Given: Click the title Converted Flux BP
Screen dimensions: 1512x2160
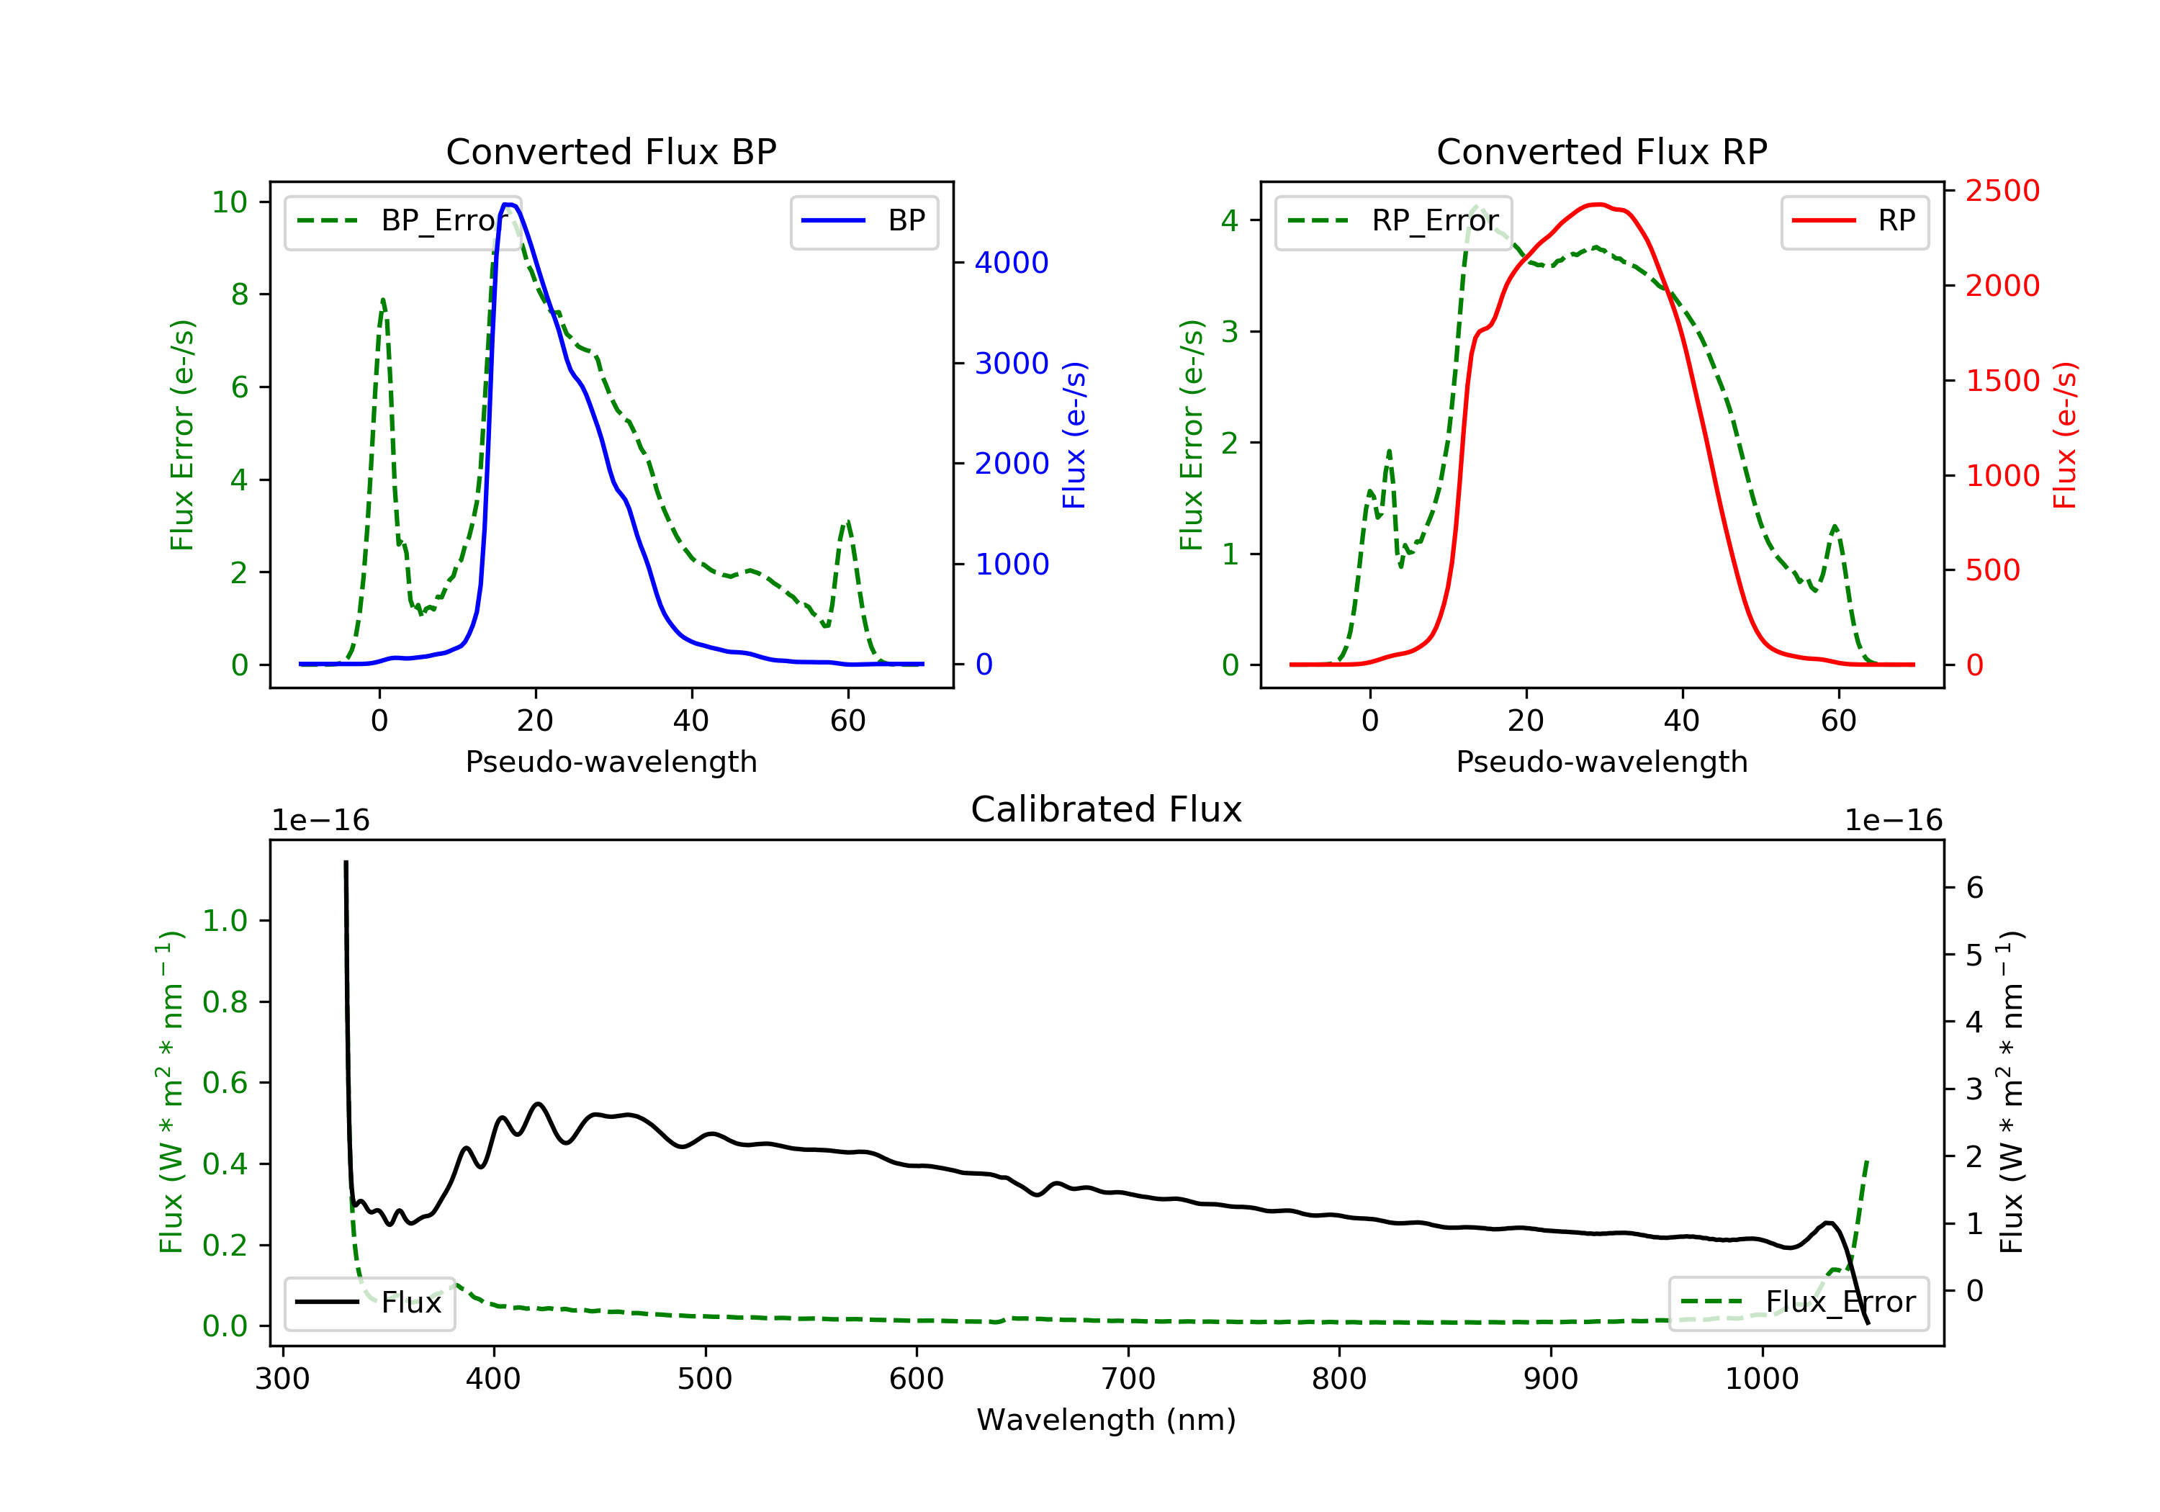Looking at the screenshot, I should (611, 151).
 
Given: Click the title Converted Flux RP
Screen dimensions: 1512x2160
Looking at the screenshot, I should (1601, 151).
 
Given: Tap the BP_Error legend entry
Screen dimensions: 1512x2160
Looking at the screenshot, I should (402, 221).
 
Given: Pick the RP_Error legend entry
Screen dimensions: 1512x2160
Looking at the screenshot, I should (1393, 221).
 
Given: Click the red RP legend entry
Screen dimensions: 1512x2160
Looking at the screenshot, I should (1854, 221).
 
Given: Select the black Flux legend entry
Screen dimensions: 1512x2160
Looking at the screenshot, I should (370, 1302).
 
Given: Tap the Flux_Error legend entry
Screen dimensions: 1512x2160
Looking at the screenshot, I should (1798, 1302).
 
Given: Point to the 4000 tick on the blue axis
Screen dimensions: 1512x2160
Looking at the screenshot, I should (1012, 263).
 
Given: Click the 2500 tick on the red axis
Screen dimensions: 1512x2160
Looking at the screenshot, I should (2002, 191).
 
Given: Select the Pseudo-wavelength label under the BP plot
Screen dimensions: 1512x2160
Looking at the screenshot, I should (611, 761).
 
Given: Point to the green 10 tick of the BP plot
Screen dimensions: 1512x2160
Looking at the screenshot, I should (230, 202).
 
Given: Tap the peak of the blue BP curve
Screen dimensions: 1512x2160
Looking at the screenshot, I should (509, 205).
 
